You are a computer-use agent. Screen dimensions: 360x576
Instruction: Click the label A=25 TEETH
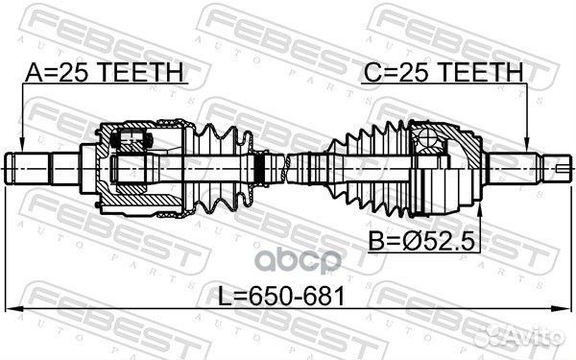click(105, 72)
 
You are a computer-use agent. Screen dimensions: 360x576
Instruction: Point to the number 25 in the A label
click(75, 72)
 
